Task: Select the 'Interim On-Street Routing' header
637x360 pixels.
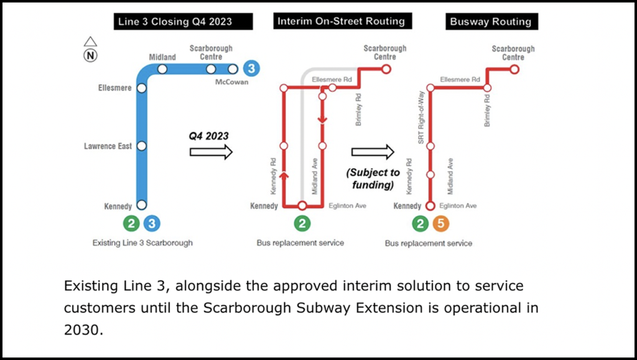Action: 341,21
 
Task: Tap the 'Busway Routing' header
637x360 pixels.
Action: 491,22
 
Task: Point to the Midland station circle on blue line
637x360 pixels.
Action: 162,69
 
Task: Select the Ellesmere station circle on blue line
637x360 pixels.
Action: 141,88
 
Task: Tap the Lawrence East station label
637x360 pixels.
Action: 108,146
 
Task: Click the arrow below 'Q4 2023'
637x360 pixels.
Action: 211,152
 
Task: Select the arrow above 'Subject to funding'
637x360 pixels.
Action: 373,152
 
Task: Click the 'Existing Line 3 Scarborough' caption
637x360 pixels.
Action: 142,243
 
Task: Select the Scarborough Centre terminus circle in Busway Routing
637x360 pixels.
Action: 514,69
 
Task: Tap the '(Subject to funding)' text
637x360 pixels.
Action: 373,178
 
